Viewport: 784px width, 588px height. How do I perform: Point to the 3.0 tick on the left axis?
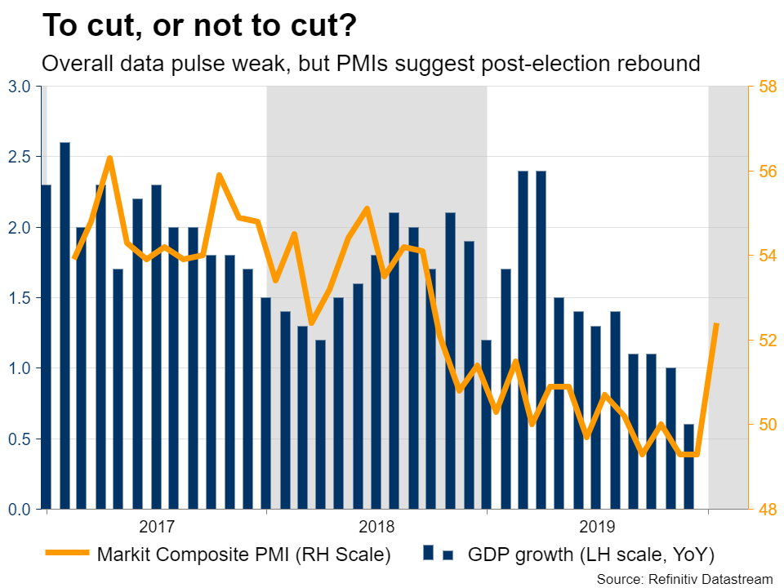pos(19,87)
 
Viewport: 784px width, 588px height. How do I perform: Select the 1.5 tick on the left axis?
pos(19,298)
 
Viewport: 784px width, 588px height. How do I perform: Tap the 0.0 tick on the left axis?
pos(19,510)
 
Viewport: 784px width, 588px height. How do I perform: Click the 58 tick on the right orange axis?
pos(766,87)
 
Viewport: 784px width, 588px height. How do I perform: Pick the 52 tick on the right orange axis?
pos(766,341)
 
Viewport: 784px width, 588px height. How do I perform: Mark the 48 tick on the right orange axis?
pos(766,510)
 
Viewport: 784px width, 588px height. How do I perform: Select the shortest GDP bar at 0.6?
pos(688,466)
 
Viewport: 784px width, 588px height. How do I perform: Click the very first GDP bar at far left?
pos(46,347)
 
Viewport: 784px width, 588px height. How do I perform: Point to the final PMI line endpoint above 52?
pos(716,325)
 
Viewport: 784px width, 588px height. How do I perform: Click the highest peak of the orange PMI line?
pos(110,158)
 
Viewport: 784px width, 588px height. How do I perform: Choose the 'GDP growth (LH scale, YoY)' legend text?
pos(591,555)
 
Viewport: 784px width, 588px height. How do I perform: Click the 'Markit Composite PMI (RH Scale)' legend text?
pos(243,555)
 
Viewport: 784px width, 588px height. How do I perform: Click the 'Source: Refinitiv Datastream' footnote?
pos(684,579)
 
